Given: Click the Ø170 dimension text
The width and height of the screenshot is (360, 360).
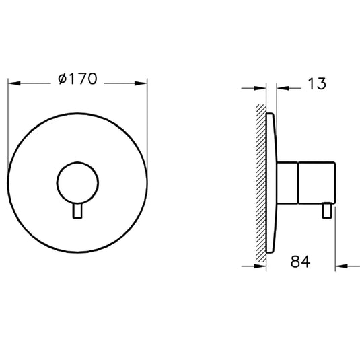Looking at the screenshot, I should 78,79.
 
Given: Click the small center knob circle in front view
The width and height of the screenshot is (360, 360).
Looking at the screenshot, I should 77,183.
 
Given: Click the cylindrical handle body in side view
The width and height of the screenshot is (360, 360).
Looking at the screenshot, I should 308,182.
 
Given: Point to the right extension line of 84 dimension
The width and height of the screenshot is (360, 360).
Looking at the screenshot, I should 335,242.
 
